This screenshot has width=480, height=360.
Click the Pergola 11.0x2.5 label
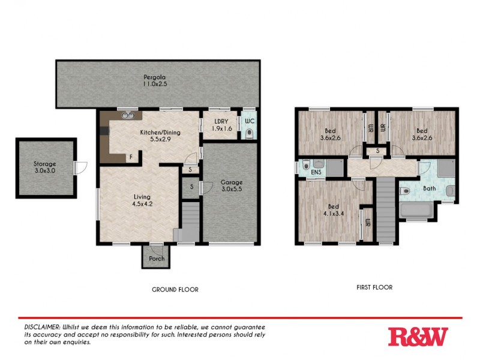click(154, 80)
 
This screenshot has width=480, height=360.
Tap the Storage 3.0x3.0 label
click(45, 167)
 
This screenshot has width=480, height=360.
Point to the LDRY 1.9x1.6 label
click(220, 125)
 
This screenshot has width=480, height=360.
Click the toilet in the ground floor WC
click(249, 133)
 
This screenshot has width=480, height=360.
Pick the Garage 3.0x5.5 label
click(231, 185)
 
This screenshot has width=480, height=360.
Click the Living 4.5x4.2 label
click(142, 200)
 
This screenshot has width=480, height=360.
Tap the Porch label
click(157, 259)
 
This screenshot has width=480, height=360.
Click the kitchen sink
click(127, 115)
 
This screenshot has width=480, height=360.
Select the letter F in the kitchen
click(130, 157)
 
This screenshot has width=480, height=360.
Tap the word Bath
click(429, 188)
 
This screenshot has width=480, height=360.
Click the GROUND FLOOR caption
click(175, 289)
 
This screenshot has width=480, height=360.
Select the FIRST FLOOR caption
click(374, 287)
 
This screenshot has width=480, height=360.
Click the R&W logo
click(418, 336)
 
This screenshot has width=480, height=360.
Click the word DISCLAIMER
click(38, 325)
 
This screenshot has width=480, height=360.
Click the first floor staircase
click(386, 210)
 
